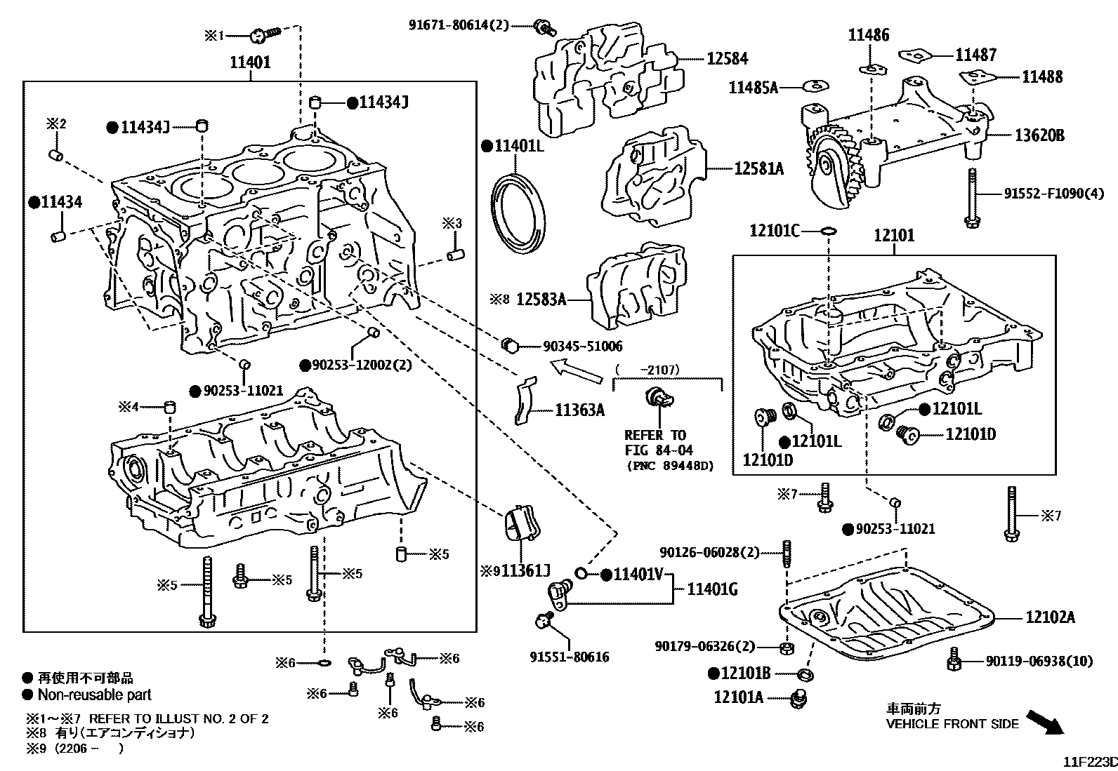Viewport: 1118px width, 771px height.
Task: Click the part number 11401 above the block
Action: click(250, 62)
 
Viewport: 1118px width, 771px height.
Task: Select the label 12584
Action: click(727, 60)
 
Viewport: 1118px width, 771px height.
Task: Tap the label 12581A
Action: click(759, 168)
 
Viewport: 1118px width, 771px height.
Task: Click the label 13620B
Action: click(1039, 135)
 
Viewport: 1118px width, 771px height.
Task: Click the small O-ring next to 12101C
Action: click(828, 230)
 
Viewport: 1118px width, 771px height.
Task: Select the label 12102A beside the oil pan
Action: click(1050, 617)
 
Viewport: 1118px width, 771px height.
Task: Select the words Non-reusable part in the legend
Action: click(94, 695)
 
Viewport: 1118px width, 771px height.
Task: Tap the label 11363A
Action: click(579, 410)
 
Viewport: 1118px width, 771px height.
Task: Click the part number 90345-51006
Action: click(582, 347)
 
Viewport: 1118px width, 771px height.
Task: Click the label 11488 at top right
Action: click(1042, 77)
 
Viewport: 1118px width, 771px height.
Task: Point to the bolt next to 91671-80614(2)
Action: click(544, 27)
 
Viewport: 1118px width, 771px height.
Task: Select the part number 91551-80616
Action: click(569, 657)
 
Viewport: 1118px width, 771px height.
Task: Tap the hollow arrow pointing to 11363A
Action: click(576, 371)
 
